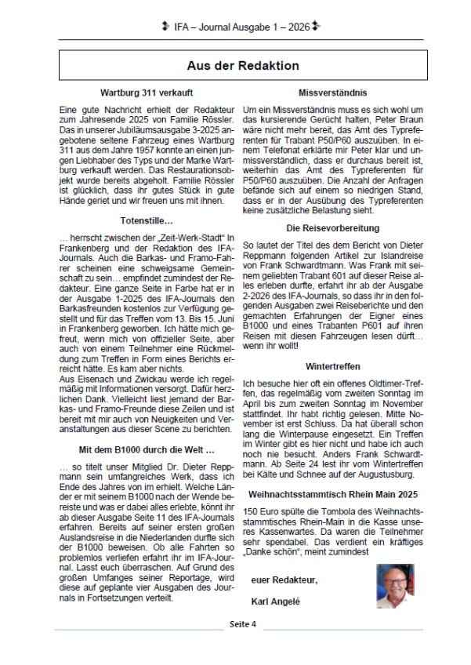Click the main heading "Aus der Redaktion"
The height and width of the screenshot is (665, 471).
pyautogui.click(x=242, y=66)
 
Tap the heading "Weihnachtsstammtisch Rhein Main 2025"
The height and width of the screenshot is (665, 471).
pyautogui.click(x=332, y=495)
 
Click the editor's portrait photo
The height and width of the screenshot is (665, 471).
pyautogui.click(x=396, y=586)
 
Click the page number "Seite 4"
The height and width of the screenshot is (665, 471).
pyautogui.click(x=242, y=624)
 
